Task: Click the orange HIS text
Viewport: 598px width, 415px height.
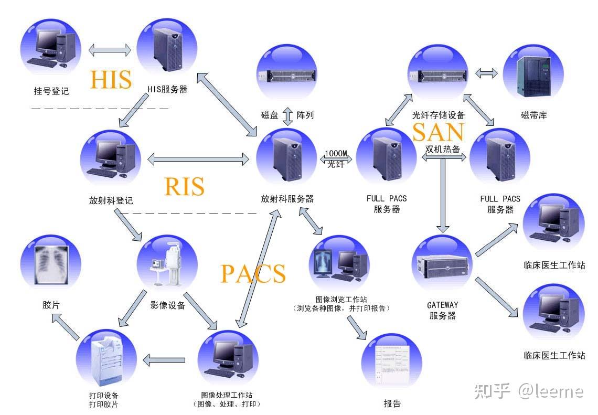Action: tap(110, 79)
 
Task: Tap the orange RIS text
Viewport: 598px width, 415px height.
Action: tap(184, 186)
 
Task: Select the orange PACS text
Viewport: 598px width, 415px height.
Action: tap(253, 273)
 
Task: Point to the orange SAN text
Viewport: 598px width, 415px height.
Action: tap(438, 132)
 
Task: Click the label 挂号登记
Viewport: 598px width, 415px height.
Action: tap(51, 91)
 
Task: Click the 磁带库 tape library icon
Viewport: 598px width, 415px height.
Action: tap(532, 74)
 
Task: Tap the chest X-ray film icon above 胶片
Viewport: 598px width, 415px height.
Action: tap(51, 264)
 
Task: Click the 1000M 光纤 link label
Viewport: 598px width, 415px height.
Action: tap(336, 158)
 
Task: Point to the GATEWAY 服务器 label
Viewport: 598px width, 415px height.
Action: tap(442, 310)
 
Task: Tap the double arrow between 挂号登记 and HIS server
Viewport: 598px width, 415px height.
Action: tap(110, 50)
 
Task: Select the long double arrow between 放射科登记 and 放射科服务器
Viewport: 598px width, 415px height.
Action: tap(198, 159)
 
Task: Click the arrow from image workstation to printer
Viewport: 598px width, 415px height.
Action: tap(164, 360)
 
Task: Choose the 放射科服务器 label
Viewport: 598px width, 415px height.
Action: tap(287, 199)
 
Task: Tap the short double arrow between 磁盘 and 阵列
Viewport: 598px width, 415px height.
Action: tap(287, 115)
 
